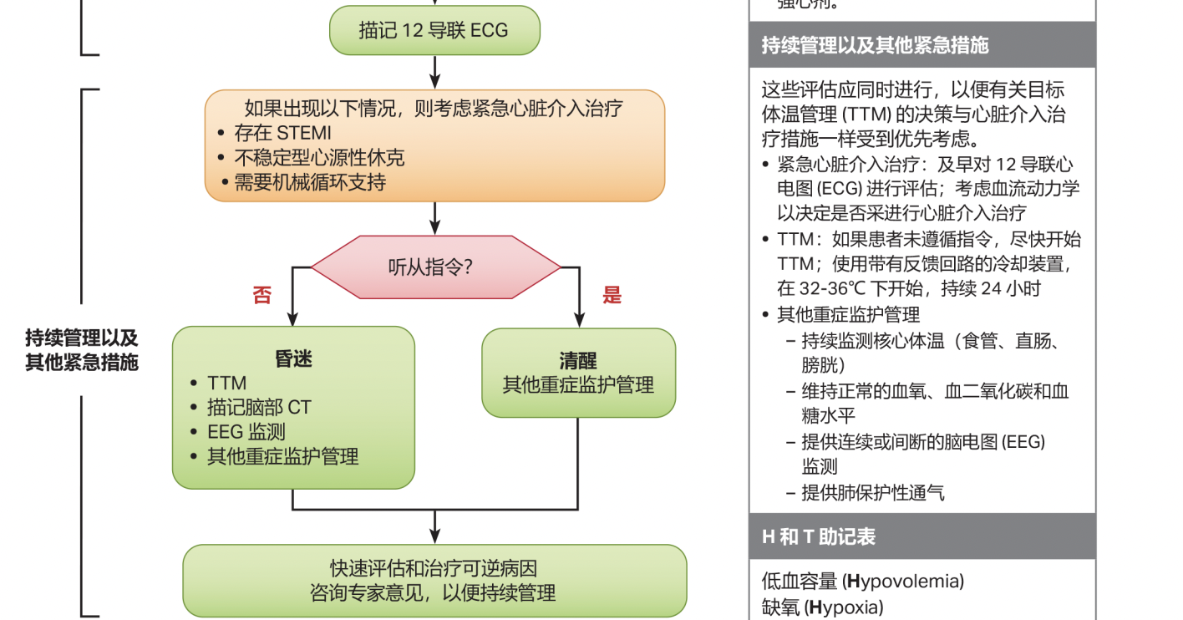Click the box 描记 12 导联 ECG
[434, 31]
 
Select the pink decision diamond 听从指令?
[434, 267]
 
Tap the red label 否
[262, 295]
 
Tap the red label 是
[612, 295]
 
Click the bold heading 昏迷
[293, 358]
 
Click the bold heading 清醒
[578, 361]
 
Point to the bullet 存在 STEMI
[282, 133]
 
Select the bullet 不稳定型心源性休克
[319, 158]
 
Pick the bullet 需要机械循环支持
[309, 182]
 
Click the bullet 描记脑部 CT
[259, 407]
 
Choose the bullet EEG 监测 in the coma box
[246, 431]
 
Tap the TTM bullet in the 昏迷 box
[226, 383]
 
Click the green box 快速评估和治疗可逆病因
[434, 581]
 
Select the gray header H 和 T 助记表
[819, 536]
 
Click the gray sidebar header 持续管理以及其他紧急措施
[875, 45]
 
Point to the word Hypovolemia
[906, 581]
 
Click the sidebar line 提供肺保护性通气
[873, 492]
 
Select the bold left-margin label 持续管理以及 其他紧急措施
[81, 350]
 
